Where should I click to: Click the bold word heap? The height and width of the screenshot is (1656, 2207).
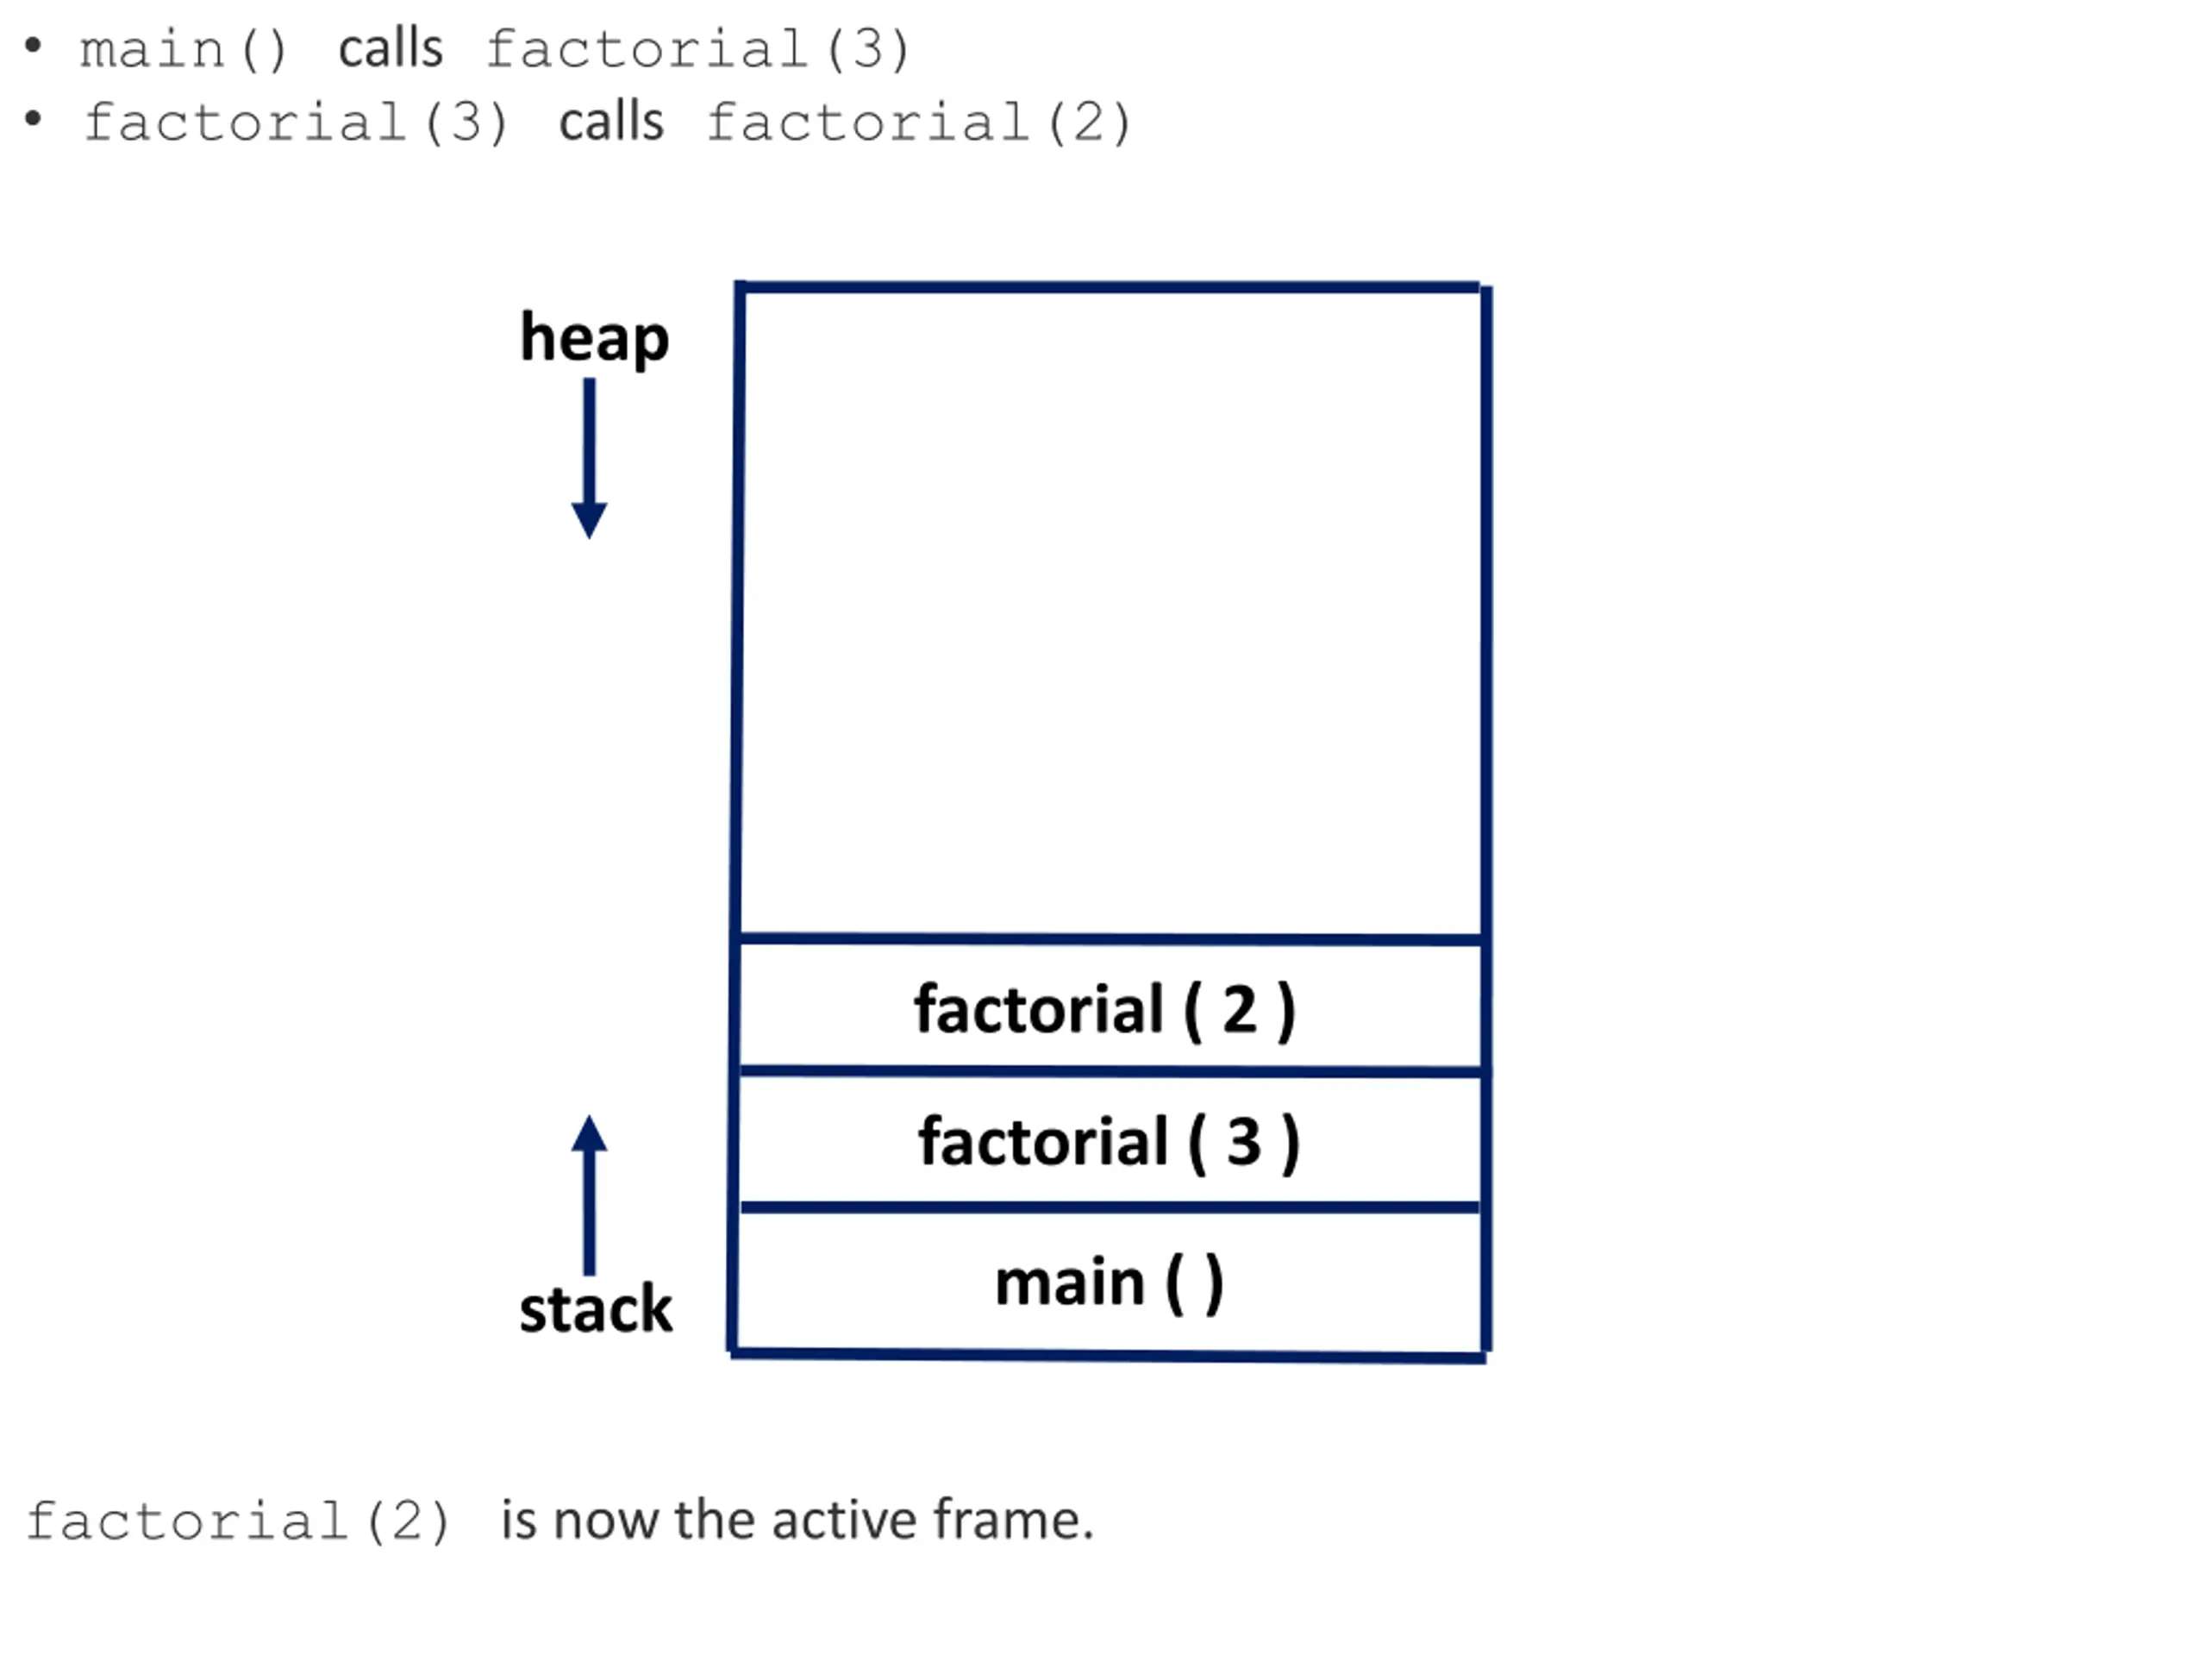(594, 339)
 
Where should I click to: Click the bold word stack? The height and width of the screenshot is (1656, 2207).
(596, 1308)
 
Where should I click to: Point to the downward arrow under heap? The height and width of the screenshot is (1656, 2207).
(590, 458)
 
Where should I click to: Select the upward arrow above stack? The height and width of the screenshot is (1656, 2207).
(590, 1195)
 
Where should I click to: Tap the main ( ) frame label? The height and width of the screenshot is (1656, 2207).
(1110, 1283)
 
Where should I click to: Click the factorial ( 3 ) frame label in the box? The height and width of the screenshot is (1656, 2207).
(1110, 1142)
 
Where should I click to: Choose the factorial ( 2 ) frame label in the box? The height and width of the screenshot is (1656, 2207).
(1105, 1010)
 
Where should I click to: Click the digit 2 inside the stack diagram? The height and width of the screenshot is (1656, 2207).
(1239, 1009)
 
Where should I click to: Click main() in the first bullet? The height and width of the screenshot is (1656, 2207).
(184, 49)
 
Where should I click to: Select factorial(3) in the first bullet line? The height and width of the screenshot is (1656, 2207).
(697, 49)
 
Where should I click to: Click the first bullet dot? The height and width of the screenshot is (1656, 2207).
(33, 46)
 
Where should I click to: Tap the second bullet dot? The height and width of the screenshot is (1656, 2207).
(33, 120)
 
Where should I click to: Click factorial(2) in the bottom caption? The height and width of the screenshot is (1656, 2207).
(237, 1522)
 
